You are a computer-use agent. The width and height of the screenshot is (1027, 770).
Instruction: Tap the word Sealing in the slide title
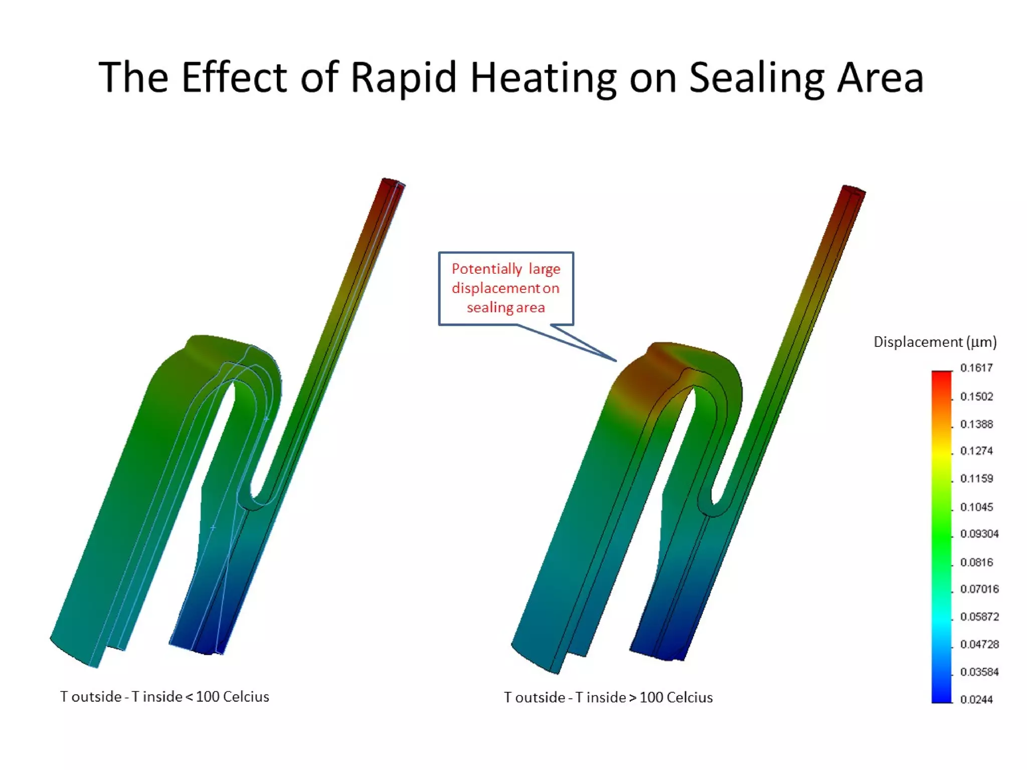point(757,78)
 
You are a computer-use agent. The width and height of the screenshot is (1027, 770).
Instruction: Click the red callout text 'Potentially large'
point(505,269)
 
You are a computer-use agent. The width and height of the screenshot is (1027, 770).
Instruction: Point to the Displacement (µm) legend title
point(935,342)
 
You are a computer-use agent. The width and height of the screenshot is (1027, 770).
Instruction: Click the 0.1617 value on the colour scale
point(976,368)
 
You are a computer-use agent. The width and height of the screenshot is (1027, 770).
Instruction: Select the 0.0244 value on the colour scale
point(976,699)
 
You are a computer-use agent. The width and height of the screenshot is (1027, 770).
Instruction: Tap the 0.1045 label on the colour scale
point(976,507)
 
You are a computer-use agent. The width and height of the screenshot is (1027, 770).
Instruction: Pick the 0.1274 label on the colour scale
point(976,451)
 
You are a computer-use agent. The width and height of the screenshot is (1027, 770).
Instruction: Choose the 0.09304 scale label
point(979,534)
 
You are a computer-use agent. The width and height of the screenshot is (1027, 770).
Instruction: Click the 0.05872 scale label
point(979,617)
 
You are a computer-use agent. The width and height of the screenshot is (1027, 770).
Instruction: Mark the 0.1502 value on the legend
point(976,397)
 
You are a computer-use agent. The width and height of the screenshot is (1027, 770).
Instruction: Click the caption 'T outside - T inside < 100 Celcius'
point(164,697)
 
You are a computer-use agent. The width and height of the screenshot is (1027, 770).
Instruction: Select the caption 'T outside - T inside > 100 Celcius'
point(608,697)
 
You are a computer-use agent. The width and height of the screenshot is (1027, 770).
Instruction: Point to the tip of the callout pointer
point(616,360)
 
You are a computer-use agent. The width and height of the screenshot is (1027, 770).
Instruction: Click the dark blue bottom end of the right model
point(657,649)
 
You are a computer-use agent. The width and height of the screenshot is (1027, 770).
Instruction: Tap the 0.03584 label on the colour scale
point(979,672)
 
